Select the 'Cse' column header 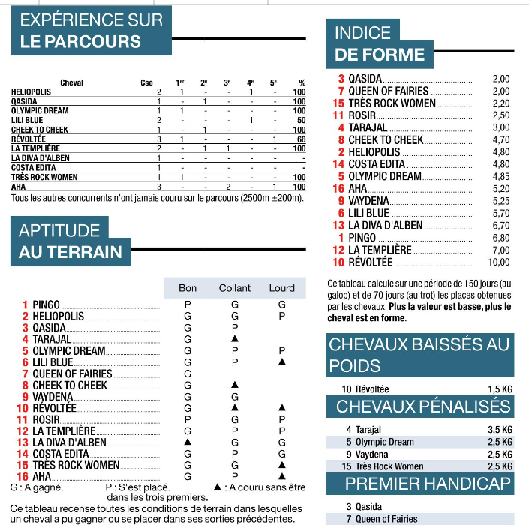click(146, 82)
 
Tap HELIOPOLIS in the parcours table click(32, 91)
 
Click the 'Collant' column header click(235, 288)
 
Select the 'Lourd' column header click(281, 288)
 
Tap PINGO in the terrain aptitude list click(46, 304)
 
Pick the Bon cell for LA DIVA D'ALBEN click(188, 442)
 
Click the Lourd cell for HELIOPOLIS click(281, 316)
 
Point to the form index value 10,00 click(499, 262)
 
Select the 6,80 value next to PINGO click(500, 238)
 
